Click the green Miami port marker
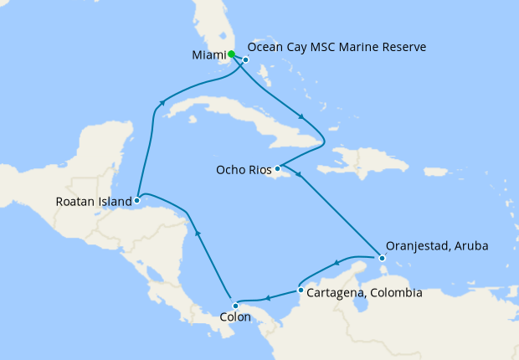point(231,54)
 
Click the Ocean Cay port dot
point(246,59)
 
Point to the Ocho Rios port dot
point(277,168)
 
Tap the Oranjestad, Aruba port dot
point(382,259)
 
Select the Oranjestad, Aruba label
point(437,246)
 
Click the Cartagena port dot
point(301,291)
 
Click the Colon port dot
point(235,306)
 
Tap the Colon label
point(234,318)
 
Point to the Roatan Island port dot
point(136,200)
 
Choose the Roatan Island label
point(94,202)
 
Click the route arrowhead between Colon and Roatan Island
point(198,234)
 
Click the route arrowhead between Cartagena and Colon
point(267,298)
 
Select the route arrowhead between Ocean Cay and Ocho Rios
point(301,118)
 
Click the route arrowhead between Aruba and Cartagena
point(337,263)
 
